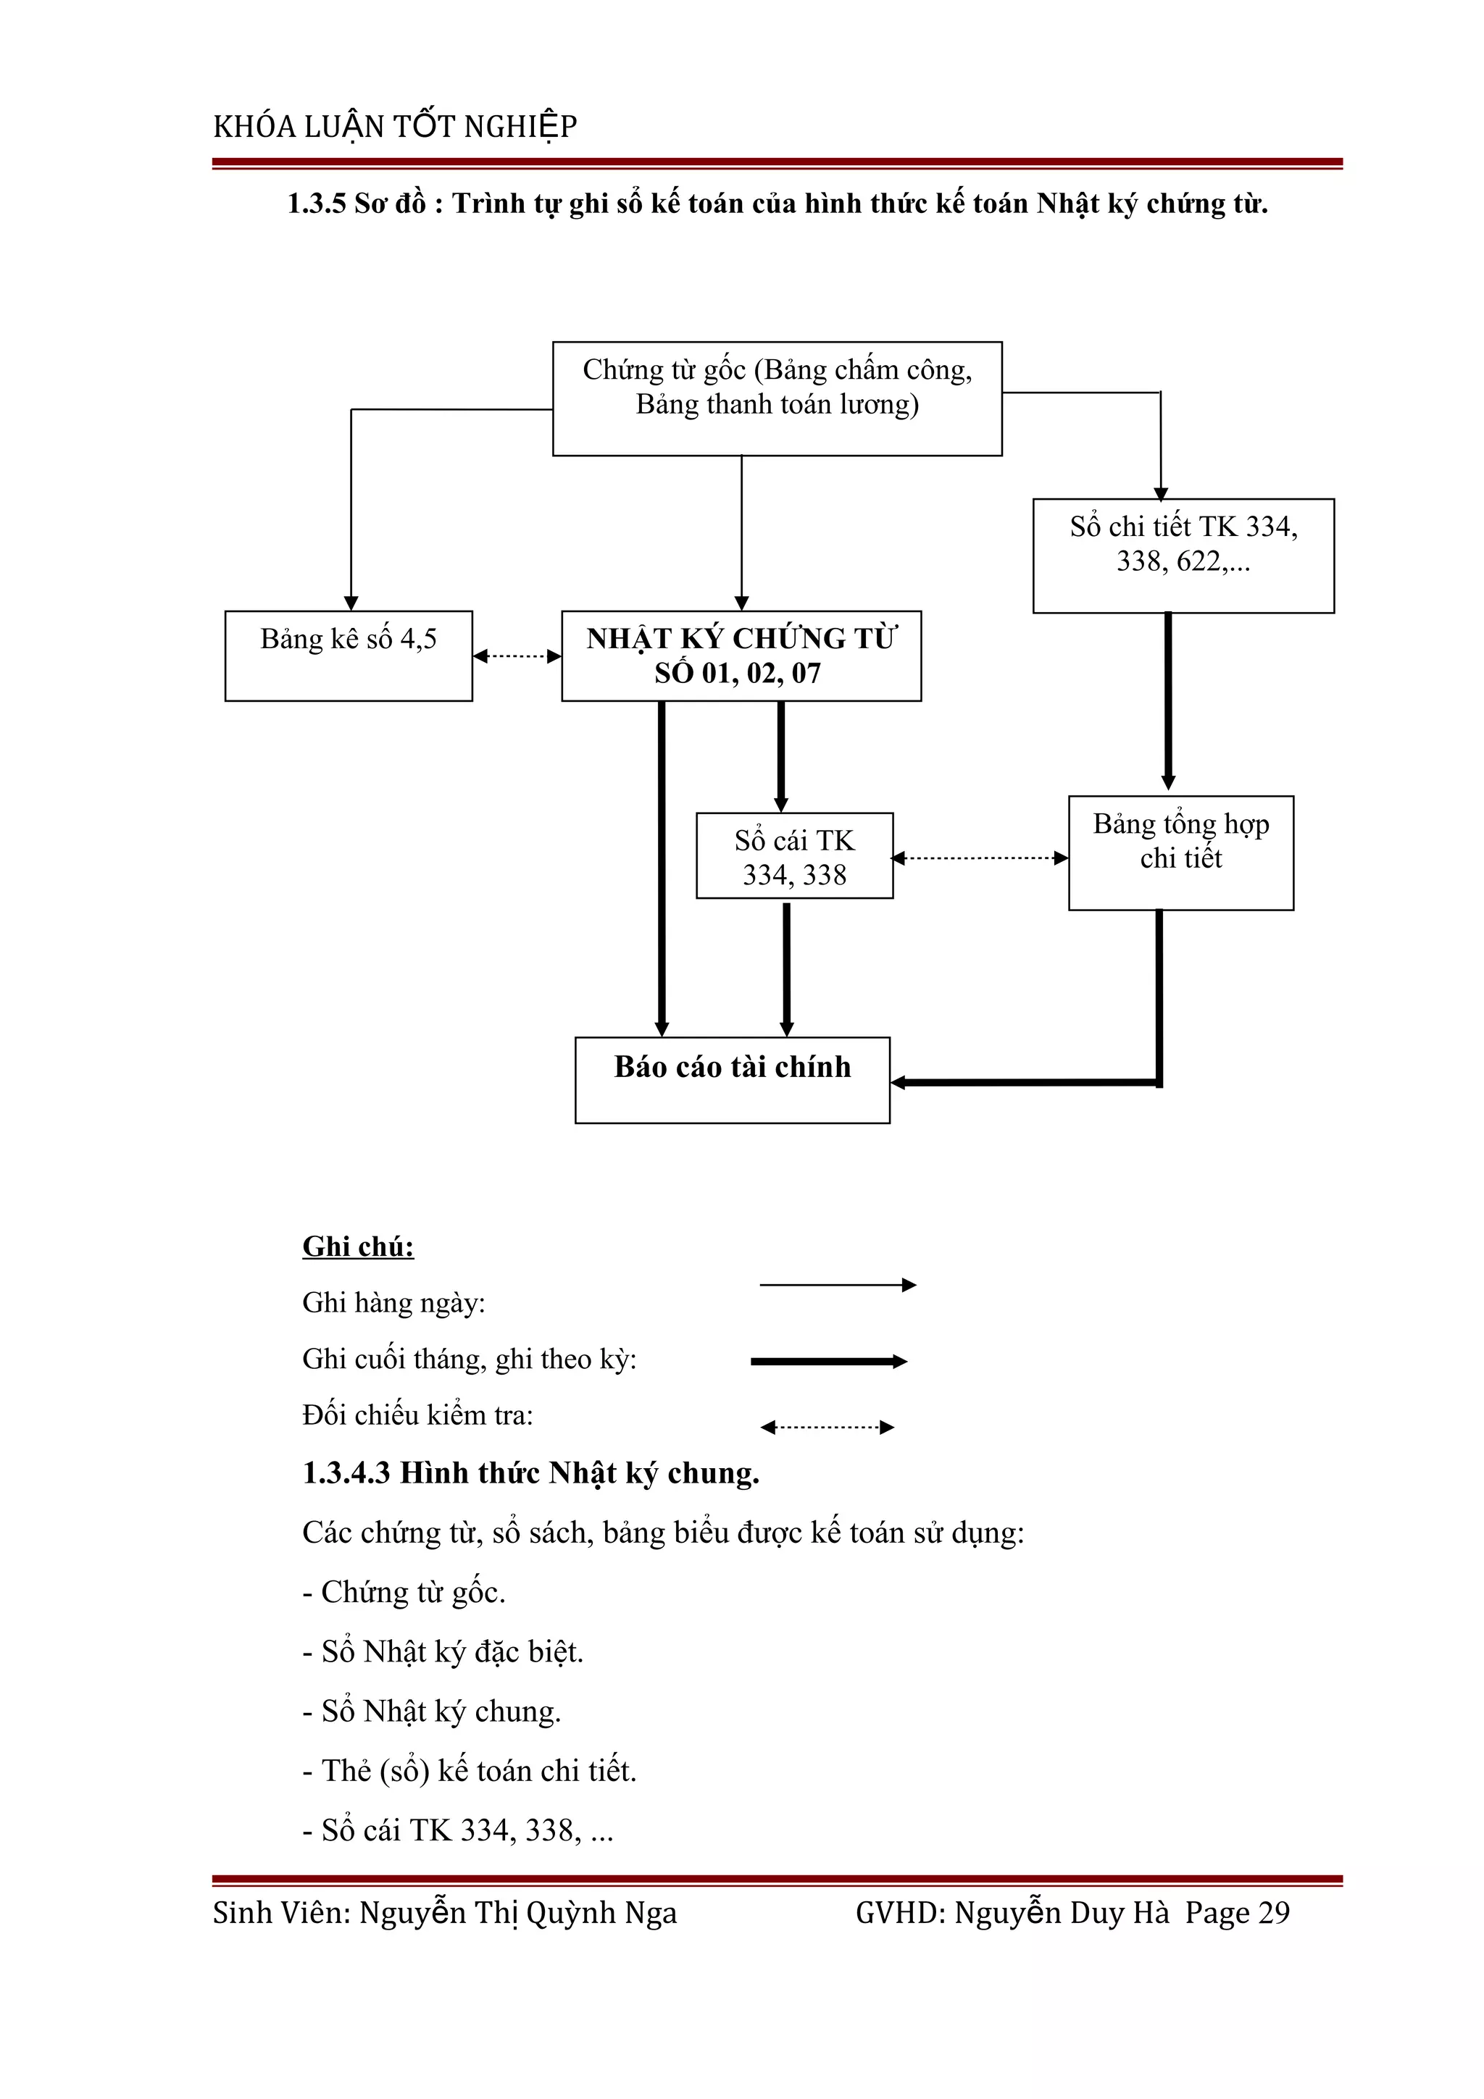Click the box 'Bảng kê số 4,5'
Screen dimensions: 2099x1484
pos(349,655)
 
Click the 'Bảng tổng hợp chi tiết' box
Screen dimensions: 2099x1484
pos(1180,852)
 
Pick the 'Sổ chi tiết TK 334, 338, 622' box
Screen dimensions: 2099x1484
pos(1183,555)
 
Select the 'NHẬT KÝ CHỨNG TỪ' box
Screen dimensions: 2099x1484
pos(741,655)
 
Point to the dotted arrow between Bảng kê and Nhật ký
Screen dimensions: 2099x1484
pos(517,655)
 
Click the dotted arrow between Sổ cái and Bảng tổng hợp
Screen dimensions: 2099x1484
pos(979,858)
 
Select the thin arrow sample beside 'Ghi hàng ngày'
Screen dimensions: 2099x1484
pos(837,1284)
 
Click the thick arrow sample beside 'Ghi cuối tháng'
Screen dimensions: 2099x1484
pos(828,1361)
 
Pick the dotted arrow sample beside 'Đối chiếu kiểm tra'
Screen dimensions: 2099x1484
pos(827,1427)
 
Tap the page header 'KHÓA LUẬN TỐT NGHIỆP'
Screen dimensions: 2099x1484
pos(395,126)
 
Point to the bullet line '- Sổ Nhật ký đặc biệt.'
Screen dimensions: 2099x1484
pos(443,1651)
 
